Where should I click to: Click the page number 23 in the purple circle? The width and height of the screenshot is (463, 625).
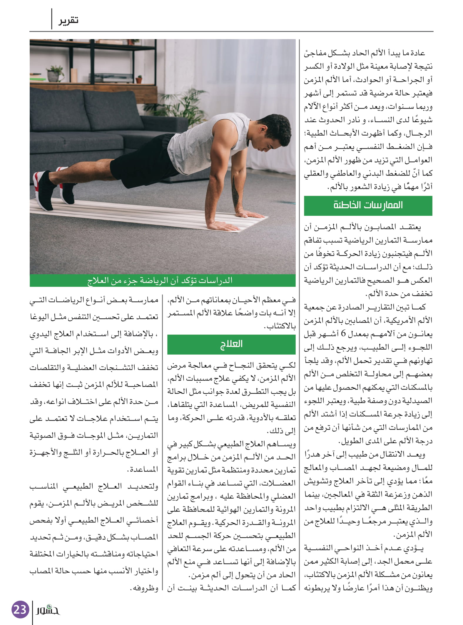20,609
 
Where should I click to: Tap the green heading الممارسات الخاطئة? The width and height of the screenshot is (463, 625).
368,205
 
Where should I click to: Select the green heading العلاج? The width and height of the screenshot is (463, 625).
231,344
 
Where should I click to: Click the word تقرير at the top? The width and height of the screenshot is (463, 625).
68,21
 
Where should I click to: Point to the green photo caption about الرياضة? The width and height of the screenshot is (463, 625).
163,281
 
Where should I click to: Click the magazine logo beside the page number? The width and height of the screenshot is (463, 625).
48,610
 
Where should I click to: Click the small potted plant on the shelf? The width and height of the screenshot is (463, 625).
55,73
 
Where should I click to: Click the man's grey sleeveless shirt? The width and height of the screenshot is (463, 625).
206,138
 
